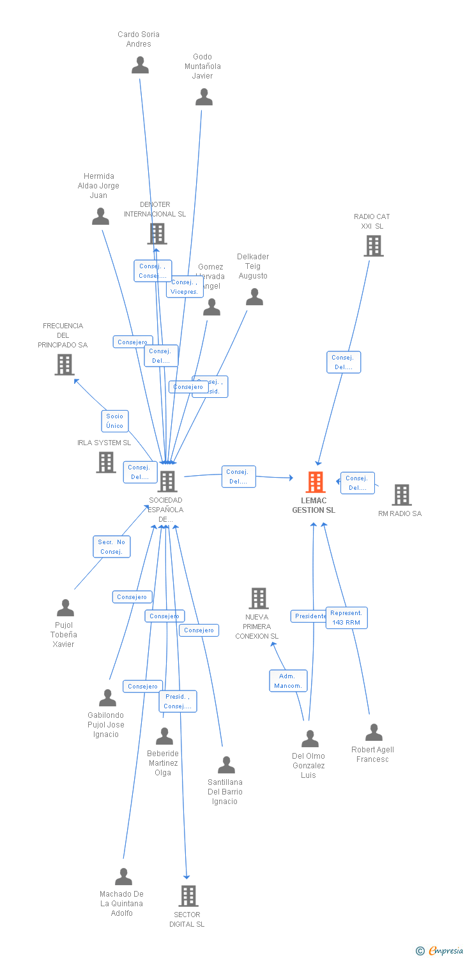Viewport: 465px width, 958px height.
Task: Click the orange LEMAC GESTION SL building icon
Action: click(x=316, y=482)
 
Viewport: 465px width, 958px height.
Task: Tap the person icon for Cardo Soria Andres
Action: click(x=140, y=65)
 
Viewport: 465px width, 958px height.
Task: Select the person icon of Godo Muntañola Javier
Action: click(x=204, y=97)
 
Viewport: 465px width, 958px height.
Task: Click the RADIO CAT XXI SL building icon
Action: click(x=374, y=246)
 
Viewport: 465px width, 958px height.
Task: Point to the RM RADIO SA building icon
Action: click(x=401, y=495)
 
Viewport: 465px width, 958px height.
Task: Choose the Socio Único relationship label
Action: click(x=115, y=421)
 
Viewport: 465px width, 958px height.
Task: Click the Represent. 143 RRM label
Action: click(x=346, y=618)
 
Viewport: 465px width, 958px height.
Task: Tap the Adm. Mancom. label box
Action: click(x=288, y=681)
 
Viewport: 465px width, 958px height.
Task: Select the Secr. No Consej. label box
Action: click(x=111, y=547)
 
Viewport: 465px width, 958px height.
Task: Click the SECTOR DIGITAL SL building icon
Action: click(x=188, y=896)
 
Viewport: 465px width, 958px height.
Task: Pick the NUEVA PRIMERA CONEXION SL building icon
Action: click(x=258, y=598)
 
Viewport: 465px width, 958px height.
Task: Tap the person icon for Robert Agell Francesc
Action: click(x=374, y=733)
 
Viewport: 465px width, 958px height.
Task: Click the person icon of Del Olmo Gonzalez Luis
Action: click(x=310, y=739)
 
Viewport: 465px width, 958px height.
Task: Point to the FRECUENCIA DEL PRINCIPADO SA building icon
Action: click(x=64, y=365)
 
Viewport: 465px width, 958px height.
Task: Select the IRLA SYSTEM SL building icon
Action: click(x=106, y=462)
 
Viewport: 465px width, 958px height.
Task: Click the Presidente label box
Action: click(x=310, y=616)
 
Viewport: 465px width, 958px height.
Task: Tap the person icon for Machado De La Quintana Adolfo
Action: click(x=123, y=877)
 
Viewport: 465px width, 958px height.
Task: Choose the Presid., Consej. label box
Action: click(x=178, y=701)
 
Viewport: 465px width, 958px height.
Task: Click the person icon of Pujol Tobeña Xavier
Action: click(x=65, y=608)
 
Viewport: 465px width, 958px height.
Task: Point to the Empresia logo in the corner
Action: click(x=439, y=951)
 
